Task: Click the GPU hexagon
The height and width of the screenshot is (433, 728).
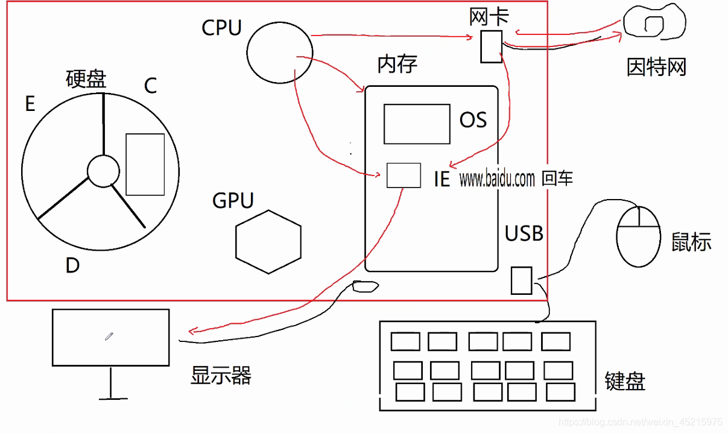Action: point(268,242)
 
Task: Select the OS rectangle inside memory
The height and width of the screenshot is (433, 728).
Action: point(417,124)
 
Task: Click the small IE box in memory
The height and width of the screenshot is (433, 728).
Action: point(403,175)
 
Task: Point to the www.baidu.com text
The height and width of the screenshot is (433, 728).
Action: point(497,179)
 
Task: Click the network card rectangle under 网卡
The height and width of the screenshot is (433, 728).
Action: point(490,46)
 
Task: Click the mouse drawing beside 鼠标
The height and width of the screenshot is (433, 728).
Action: point(639,236)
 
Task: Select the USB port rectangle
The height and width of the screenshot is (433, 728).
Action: point(521,280)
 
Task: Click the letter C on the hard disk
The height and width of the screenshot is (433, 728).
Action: point(150,86)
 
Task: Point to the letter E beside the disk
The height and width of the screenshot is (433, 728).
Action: point(30,104)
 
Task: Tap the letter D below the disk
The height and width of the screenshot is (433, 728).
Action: point(72,265)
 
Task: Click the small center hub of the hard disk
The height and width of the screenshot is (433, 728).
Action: point(103,171)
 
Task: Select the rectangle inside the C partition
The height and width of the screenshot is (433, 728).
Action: point(145,164)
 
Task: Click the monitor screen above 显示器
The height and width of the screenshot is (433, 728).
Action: point(110,337)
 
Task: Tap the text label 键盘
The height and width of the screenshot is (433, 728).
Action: point(625,381)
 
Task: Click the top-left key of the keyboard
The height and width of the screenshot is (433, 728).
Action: point(405,341)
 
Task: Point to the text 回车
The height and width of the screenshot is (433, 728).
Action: point(557,179)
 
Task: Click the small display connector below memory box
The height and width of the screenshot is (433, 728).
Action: point(364,286)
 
